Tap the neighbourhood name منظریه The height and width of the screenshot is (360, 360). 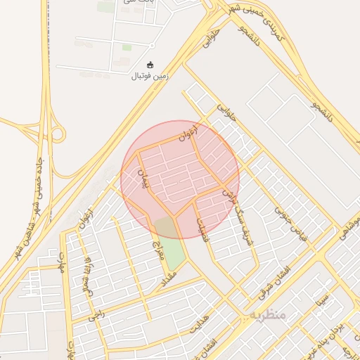point(266,314)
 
